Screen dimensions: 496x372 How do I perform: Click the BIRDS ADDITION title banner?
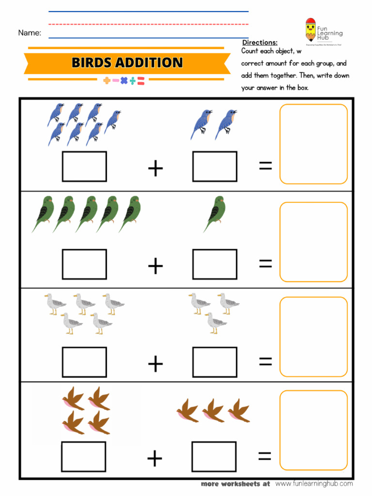click(127, 62)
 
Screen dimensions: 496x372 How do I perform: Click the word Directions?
click(260, 43)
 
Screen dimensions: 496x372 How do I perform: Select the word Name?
click(30, 33)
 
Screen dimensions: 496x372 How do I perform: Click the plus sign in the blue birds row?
click(155, 169)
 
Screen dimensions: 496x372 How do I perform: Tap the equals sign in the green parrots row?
click(265, 263)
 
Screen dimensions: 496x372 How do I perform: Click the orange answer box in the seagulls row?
click(313, 337)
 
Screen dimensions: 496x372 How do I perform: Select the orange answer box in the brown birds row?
click(313, 430)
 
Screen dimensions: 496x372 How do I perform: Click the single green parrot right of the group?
click(215, 213)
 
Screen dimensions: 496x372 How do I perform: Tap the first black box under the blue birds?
click(84, 167)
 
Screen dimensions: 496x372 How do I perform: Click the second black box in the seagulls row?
click(215, 362)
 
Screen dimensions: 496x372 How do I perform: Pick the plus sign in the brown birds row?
click(155, 458)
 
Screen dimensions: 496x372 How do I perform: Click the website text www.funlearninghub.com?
click(314, 483)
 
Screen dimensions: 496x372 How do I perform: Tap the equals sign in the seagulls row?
click(265, 361)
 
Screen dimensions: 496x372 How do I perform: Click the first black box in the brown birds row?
click(83, 457)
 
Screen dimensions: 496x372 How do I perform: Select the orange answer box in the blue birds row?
click(313, 144)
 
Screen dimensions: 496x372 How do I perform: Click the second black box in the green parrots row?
click(215, 264)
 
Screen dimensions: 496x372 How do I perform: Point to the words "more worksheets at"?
click(235, 483)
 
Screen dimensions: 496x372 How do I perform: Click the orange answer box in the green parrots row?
click(313, 242)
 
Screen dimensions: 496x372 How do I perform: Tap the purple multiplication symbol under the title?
click(124, 81)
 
